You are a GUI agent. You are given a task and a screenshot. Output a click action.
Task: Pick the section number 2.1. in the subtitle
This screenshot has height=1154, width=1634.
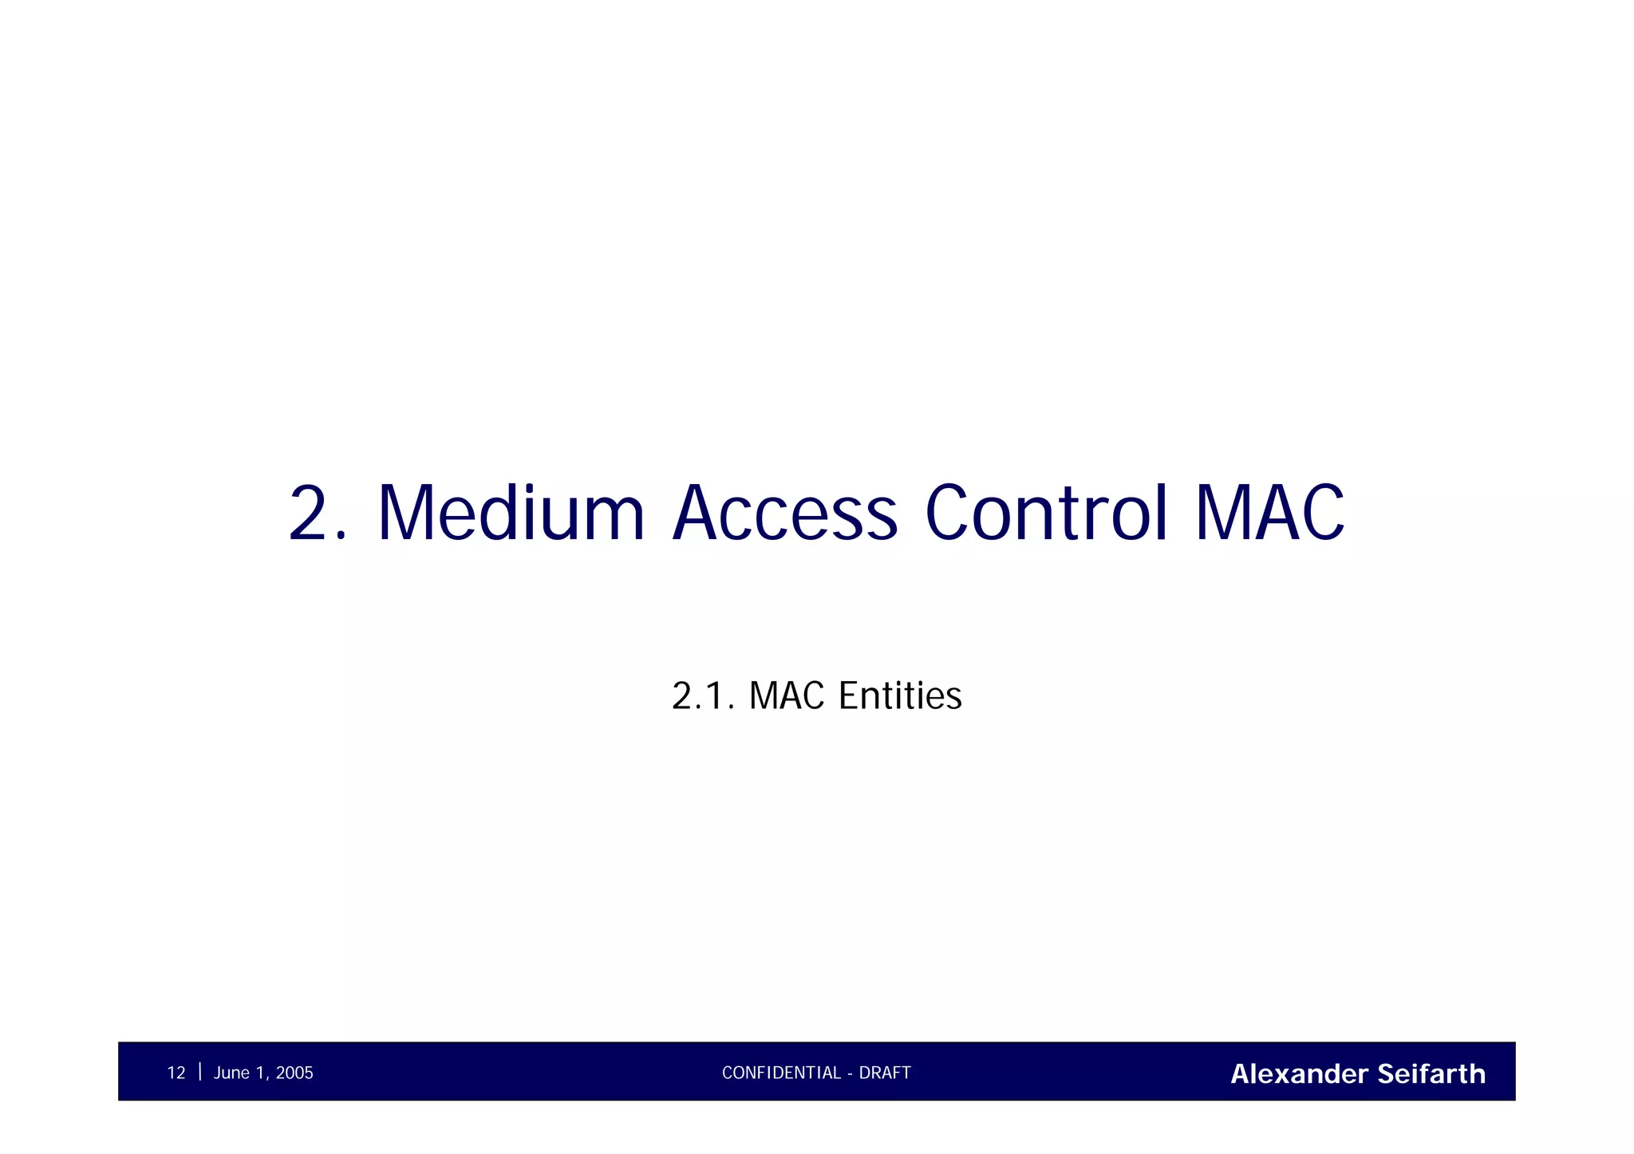[x=703, y=695]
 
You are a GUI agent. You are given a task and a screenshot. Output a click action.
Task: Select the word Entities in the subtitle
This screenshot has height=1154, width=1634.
[x=900, y=695]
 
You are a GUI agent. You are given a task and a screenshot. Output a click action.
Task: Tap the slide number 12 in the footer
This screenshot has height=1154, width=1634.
[x=176, y=1073]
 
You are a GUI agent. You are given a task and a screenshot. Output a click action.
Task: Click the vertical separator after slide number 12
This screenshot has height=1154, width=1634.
[x=199, y=1071]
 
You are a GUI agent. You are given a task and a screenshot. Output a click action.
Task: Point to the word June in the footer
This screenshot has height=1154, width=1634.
[x=231, y=1073]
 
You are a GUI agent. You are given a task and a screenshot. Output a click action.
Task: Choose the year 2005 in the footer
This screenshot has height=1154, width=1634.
[x=294, y=1073]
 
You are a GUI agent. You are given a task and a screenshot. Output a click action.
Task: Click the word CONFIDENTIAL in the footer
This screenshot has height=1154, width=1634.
[x=781, y=1073]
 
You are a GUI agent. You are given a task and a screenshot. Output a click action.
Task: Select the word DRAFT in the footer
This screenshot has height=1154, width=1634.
[x=885, y=1073]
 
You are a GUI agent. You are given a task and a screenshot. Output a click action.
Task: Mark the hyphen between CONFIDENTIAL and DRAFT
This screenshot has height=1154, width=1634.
[x=851, y=1073]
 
